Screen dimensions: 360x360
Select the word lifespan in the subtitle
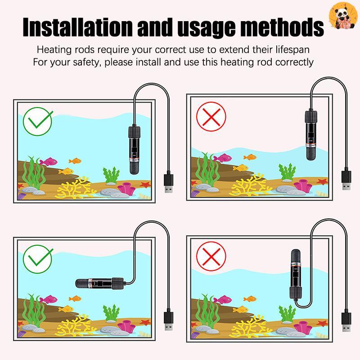292,50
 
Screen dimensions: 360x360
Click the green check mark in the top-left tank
38,121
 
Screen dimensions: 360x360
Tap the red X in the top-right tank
211,117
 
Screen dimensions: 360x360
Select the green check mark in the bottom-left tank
38,259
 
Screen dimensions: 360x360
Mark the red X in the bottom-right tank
211,256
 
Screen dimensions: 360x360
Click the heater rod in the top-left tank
134,150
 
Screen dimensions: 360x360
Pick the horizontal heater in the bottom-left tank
99,283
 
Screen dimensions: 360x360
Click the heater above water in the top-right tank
311,135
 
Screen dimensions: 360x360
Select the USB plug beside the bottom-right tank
346,321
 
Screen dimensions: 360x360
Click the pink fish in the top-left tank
49,162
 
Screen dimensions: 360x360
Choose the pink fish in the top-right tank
222,158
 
